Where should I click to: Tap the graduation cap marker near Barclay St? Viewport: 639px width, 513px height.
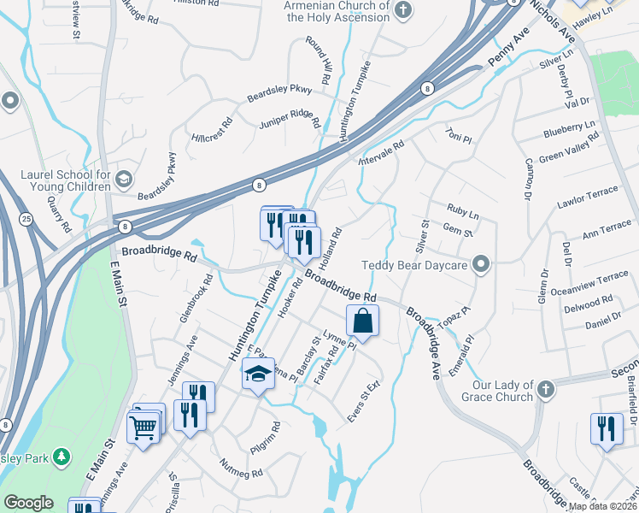coord(258,374)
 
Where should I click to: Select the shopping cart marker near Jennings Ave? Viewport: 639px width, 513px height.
coord(144,425)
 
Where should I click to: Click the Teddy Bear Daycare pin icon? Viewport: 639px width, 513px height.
coord(481,264)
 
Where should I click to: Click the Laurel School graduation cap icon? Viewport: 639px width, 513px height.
coord(124,178)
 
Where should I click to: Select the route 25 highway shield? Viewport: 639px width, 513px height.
coord(26,220)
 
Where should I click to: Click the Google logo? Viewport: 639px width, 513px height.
coord(28,503)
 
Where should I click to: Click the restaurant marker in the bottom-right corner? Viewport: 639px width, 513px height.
coord(606,429)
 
